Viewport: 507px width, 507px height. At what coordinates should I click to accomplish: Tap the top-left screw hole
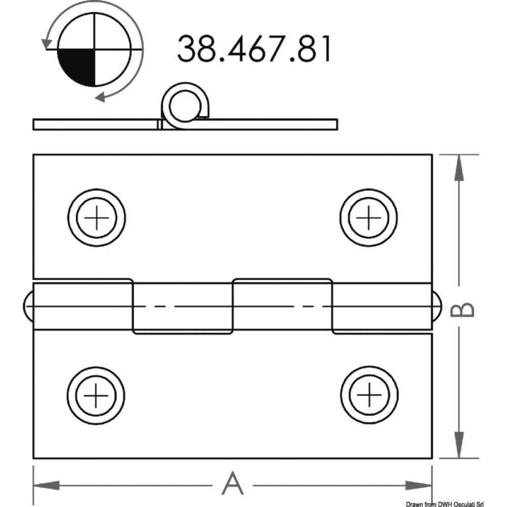click(96, 218)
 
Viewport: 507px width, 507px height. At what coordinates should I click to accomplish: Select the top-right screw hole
click(369, 218)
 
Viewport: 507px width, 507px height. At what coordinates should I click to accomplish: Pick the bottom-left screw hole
click(96, 394)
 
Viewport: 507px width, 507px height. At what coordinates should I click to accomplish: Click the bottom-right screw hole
click(370, 394)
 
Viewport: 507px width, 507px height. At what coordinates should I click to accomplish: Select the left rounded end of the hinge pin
click(28, 307)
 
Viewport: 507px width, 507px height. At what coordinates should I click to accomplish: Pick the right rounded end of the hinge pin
click(437, 307)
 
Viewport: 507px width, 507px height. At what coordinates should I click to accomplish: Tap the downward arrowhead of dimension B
click(458, 445)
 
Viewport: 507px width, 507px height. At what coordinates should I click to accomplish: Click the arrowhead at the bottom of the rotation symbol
click(101, 96)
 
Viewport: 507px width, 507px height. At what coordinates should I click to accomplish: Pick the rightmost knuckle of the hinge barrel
click(382, 307)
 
